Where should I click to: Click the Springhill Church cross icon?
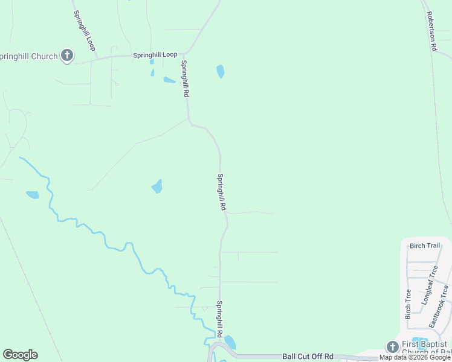coord(66,56)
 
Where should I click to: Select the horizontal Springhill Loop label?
coord(155,55)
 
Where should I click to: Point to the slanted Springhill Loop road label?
coord(85,30)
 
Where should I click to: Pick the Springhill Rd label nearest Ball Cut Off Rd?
coord(221,320)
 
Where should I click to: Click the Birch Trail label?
coord(425,246)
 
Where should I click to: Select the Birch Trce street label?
coord(408,304)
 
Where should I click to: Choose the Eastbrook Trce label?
coord(440,306)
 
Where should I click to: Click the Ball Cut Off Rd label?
coord(308,357)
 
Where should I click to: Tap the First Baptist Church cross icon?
coord(392,347)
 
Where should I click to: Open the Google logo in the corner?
coord(20,355)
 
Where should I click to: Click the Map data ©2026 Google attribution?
coord(415,358)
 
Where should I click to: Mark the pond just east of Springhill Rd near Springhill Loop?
coord(220,72)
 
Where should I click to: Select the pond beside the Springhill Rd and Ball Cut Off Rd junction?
coord(230,343)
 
